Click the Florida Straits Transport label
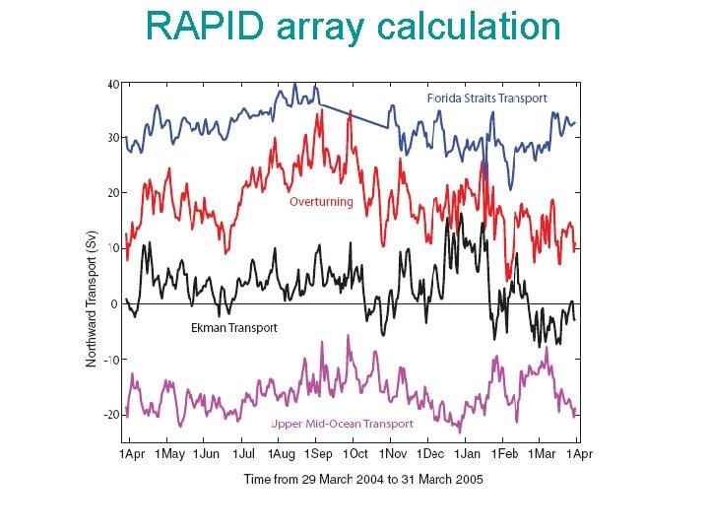coord(486,99)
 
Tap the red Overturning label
coord(320,202)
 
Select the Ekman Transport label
coord(233,328)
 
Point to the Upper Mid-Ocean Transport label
coord(342,424)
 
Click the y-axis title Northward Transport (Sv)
coord(92,299)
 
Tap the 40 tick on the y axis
coord(113,85)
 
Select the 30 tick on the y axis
coord(113,138)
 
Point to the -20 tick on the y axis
coord(112,415)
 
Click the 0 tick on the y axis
coord(115,303)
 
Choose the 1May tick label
coord(169,454)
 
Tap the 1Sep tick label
coord(317,454)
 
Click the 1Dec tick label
coord(429,454)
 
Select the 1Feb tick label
coord(505,454)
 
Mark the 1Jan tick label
coord(468,454)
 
